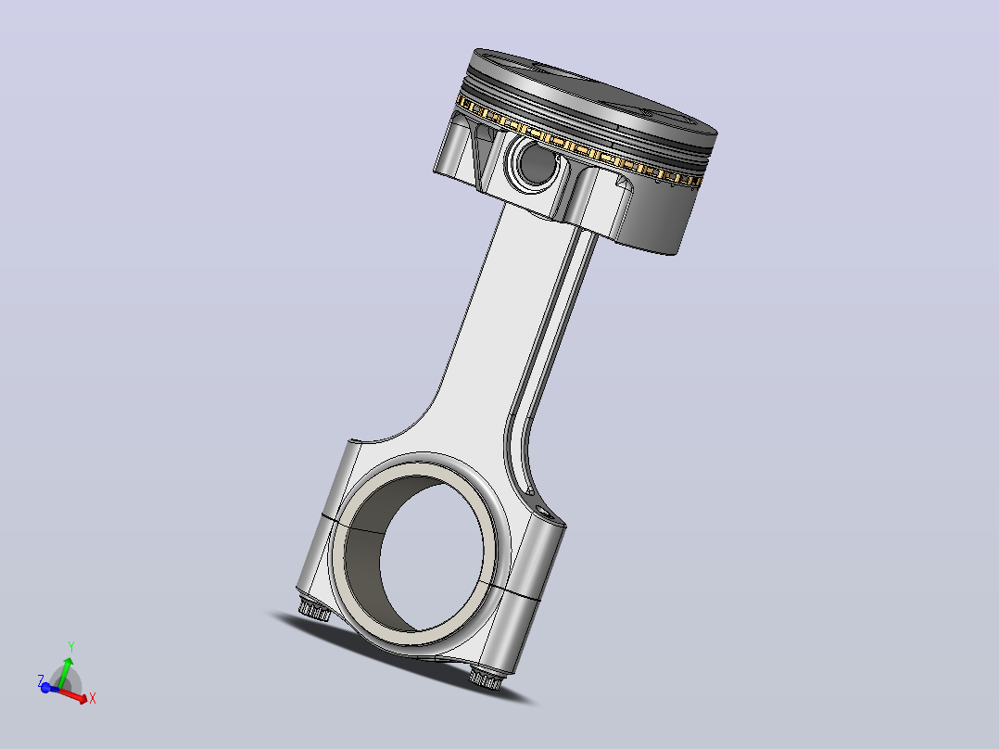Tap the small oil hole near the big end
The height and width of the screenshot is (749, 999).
point(542,510)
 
